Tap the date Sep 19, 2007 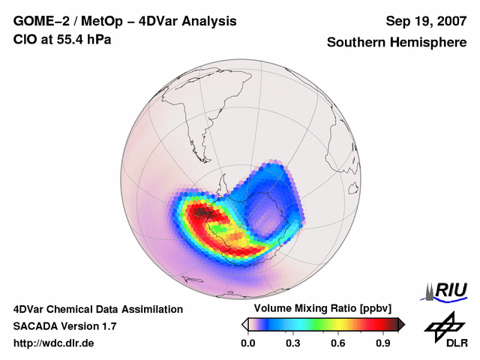425,21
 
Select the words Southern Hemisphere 397,43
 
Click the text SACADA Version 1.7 64,326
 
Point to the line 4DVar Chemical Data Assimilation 98,309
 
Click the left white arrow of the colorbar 244,324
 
